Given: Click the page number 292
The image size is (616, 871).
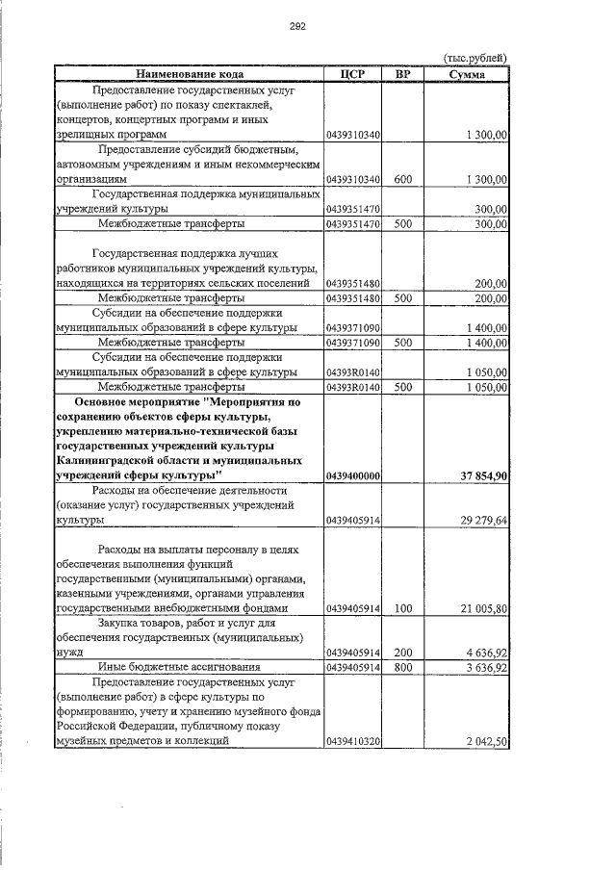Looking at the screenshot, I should click(297, 26).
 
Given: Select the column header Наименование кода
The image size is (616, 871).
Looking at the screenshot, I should click(190, 74).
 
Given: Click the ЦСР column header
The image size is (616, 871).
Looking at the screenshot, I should click(353, 74).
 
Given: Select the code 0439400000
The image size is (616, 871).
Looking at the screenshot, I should click(353, 475).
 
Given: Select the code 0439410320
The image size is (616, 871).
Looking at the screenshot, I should click(353, 741).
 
